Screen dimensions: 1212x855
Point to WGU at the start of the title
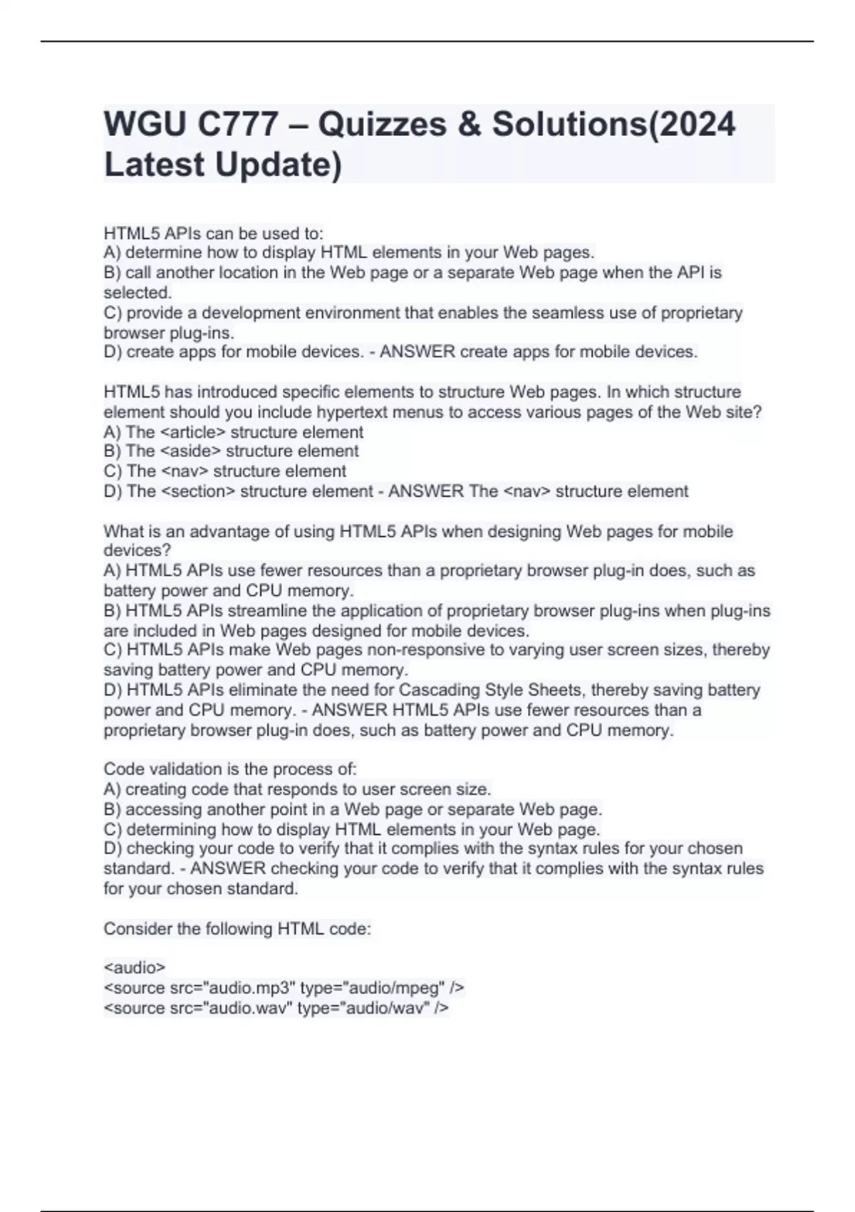pyautogui.click(x=145, y=124)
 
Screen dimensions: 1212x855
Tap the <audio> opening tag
pyautogui.click(x=135, y=967)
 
